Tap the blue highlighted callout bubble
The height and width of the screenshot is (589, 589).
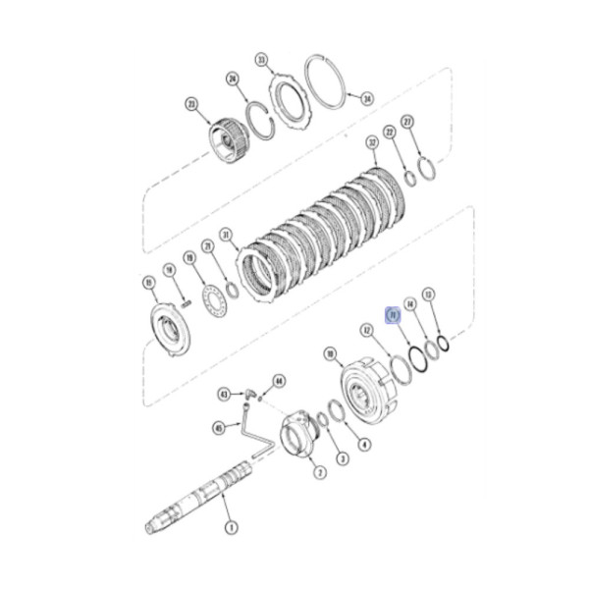[x=391, y=315]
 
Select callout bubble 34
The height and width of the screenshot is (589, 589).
[x=367, y=98]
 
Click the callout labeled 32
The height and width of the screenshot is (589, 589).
[x=372, y=143]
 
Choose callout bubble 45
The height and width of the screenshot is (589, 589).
[x=217, y=426]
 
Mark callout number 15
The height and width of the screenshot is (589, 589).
[x=149, y=283]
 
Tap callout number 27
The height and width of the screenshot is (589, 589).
[x=409, y=122]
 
